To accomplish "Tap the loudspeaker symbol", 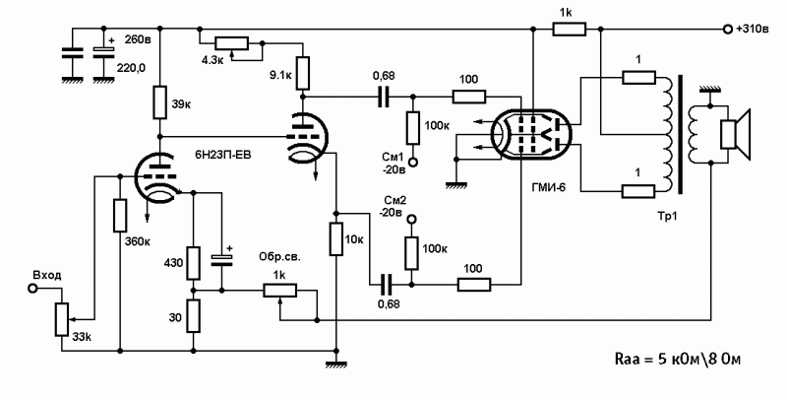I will (x=736, y=134).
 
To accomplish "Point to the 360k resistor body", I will (x=120, y=218).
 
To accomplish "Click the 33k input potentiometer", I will (x=62, y=317).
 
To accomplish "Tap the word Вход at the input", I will (x=47, y=275).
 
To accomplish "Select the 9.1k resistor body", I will (x=303, y=71).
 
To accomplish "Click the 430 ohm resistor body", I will (x=194, y=262).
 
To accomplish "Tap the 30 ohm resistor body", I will (x=194, y=315).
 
